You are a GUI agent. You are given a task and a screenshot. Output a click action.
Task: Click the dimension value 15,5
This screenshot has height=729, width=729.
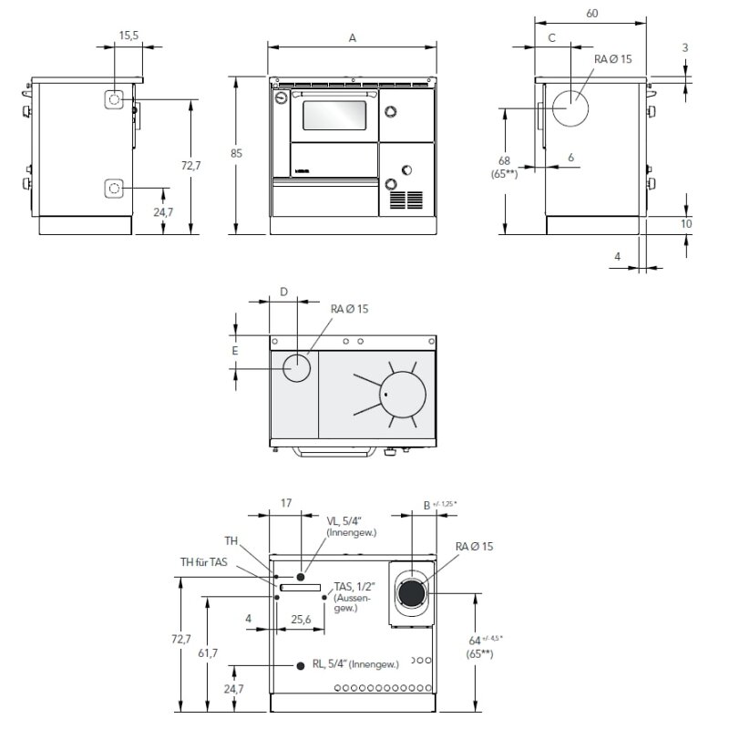pyautogui.click(x=128, y=35)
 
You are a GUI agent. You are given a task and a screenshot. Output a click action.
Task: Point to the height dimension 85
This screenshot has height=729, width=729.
pyautogui.click(x=236, y=154)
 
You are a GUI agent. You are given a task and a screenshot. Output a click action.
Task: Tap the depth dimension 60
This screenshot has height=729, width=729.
pyautogui.click(x=591, y=14)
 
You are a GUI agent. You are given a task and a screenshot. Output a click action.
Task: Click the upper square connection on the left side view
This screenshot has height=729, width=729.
pyautogui.click(x=115, y=99)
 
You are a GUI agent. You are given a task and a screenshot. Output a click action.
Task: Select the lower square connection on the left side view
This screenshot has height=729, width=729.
pyautogui.click(x=115, y=188)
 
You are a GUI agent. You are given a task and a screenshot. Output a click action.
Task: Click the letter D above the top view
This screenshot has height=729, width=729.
pyautogui.click(x=283, y=293)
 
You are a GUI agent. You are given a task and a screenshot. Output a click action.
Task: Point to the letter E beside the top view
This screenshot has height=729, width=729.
pyautogui.click(x=234, y=350)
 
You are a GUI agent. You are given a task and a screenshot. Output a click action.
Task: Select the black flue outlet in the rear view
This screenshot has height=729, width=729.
pyautogui.click(x=410, y=594)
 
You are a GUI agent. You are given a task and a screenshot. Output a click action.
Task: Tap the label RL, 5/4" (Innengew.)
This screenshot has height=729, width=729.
pyautogui.click(x=355, y=665)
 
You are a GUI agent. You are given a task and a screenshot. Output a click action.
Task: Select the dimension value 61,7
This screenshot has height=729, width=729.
pyautogui.click(x=209, y=653)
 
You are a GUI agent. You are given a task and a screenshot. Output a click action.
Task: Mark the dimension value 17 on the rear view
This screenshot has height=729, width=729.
pyautogui.click(x=286, y=502)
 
